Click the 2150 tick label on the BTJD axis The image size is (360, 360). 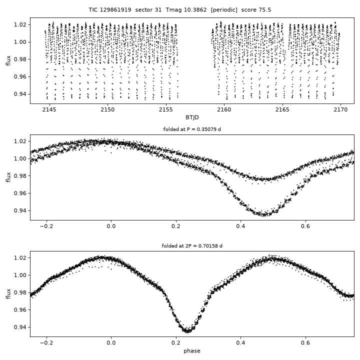(x=107, y=109)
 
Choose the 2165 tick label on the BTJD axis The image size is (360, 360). (x=282, y=109)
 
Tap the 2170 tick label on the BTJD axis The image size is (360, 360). (x=340, y=109)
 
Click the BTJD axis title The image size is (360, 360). (x=192, y=117)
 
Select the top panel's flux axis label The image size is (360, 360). (x=8, y=60)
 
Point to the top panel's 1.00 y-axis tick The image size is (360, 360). (x=20, y=42)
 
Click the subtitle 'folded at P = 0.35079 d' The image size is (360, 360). (x=192, y=129)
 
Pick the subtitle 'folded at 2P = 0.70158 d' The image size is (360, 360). (x=192, y=246)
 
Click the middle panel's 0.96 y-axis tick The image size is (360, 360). (x=20, y=193)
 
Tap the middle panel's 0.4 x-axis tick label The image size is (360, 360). (x=240, y=226)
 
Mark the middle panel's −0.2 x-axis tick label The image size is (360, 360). (x=46, y=226)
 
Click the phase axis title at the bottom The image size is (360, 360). (x=192, y=351)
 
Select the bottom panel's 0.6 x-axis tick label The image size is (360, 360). (x=305, y=343)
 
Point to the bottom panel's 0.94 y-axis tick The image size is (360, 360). (x=20, y=327)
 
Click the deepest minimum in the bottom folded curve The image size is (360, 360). (x=187, y=331)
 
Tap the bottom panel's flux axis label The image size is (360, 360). (x=8, y=294)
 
